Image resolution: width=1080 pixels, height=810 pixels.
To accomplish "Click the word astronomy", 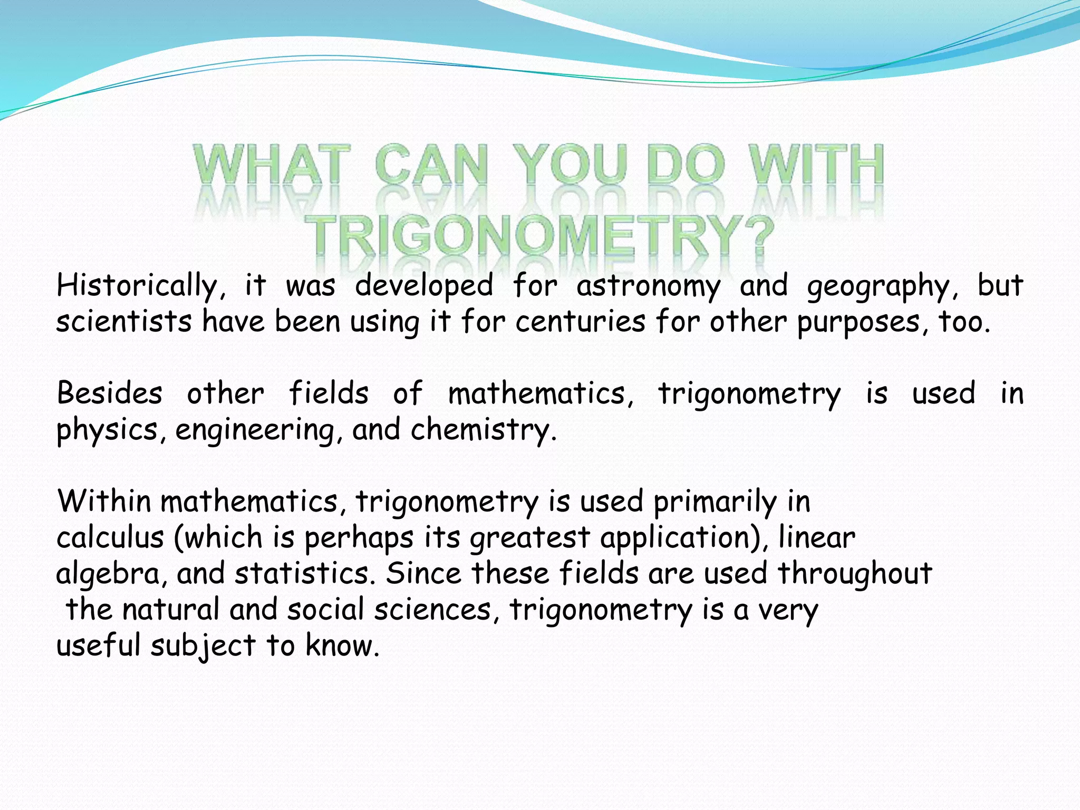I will [648, 286].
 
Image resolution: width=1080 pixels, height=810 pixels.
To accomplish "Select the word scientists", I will [124, 322].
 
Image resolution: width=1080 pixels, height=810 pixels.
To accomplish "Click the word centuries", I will [580, 322].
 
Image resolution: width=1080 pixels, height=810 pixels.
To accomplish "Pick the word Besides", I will [110, 393].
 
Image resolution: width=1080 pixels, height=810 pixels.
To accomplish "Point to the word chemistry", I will [483, 429].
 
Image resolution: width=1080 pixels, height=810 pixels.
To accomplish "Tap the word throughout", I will [855, 573].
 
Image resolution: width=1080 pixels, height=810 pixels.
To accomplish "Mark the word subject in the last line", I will [203, 646].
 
